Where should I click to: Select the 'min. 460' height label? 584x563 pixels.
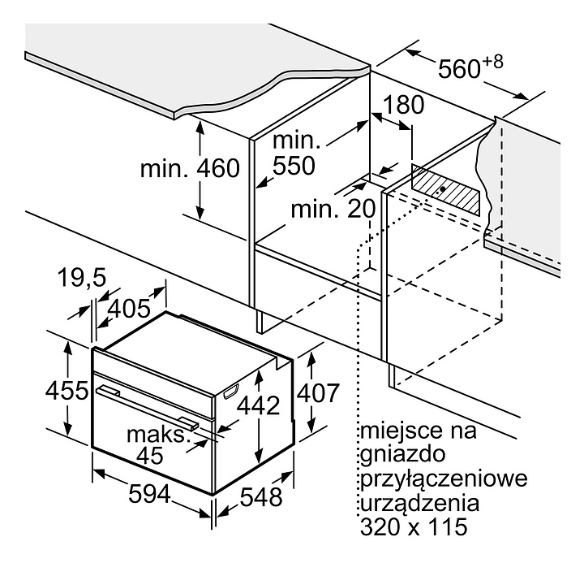click(191, 168)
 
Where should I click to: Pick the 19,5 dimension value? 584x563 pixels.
click(82, 279)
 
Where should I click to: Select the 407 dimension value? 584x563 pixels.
click(316, 392)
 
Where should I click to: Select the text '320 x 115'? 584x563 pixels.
click(413, 528)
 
